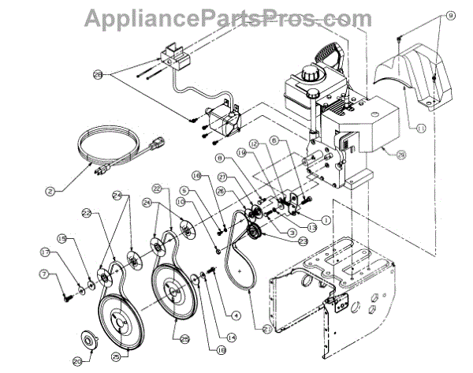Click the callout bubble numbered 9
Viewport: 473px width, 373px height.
coord(450,15)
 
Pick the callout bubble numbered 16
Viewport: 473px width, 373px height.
coord(196,176)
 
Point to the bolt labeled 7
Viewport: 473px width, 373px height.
coord(67,296)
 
